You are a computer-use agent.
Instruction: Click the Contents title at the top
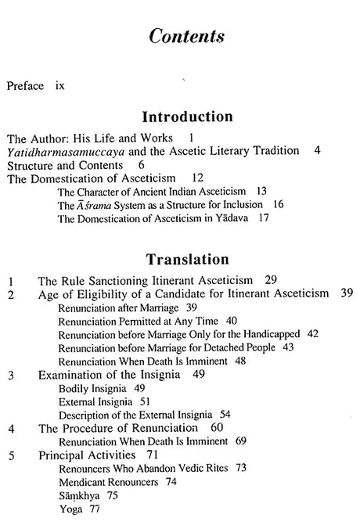(180, 37)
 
